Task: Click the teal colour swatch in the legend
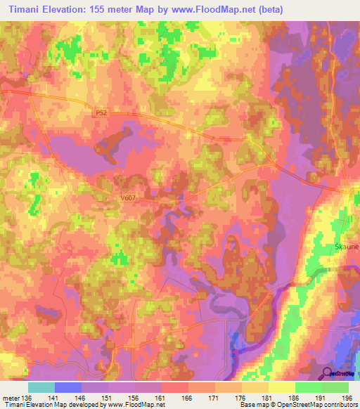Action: (41, 387)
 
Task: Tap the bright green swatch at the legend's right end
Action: (335, 387)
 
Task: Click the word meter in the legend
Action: (11, 396)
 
